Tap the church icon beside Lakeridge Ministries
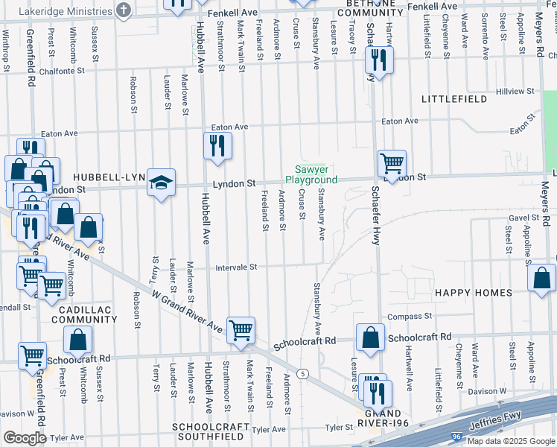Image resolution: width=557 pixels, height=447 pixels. point(124,10)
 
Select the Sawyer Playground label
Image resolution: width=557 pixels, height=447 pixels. point(311,175)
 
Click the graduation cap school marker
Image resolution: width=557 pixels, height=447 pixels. point(161,183)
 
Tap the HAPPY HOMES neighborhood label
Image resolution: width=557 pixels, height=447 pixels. point(475,293)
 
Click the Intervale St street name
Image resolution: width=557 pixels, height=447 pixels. point(236,267)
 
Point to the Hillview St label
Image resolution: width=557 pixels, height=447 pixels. point(510,91)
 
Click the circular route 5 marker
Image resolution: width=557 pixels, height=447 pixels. point(302,373)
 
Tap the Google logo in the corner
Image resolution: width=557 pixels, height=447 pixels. point(25,437)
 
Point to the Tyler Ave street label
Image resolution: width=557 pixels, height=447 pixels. point(269,430)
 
